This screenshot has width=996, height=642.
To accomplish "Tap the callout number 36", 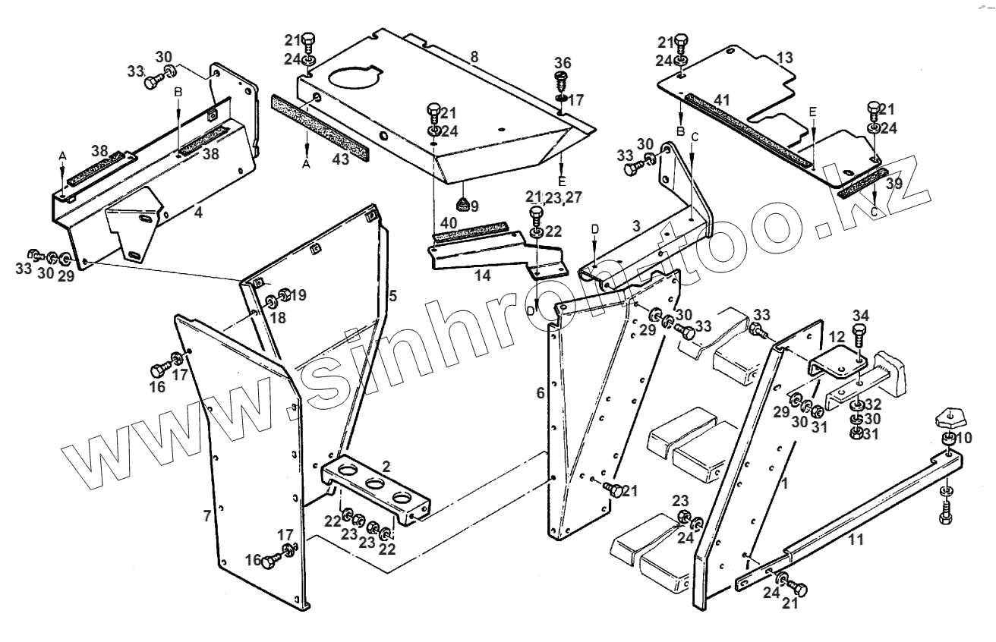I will (562, 62).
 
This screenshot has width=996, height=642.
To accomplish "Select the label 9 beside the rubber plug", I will (474, 206).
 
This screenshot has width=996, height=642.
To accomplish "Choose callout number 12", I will (836, 336).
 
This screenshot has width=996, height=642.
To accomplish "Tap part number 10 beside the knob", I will (963, 439).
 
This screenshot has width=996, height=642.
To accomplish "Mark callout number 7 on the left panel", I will (206, 517).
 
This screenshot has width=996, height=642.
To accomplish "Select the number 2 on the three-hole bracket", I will (386, 466).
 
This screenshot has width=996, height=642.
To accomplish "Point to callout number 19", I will (298, 295).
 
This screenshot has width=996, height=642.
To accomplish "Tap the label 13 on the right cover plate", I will (784, 57).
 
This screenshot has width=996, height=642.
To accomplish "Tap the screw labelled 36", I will (562, 79).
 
